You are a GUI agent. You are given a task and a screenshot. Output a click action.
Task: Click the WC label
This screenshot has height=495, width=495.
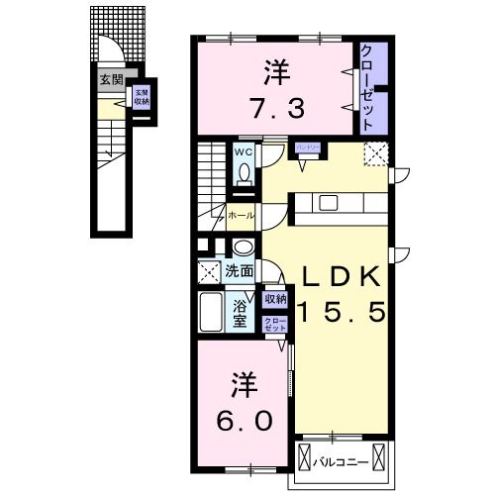(243, 152)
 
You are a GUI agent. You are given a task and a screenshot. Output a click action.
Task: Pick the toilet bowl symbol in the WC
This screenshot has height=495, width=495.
(244, 173)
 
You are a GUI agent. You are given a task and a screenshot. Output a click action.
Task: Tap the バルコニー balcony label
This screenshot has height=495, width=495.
(343, 462)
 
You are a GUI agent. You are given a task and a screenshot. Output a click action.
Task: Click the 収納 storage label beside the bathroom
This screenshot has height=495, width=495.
(274, 297)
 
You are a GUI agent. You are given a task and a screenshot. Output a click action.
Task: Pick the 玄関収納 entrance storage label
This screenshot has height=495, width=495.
(142, 97)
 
